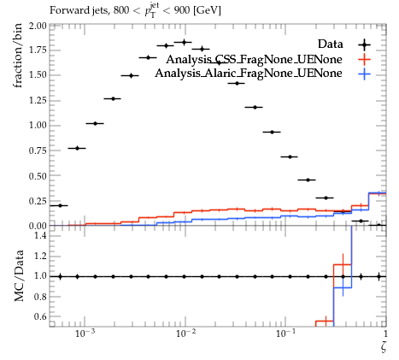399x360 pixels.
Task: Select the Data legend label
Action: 331,44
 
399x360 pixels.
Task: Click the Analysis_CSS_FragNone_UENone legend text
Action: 254,59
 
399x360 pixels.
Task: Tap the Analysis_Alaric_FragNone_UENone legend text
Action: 249,74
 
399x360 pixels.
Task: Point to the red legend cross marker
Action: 364,60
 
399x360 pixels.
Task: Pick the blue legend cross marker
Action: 364,74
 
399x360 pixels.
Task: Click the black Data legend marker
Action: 364,44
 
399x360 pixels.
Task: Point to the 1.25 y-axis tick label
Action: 38,100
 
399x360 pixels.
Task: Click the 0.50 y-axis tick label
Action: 38,176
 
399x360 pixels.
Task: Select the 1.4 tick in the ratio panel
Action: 40,235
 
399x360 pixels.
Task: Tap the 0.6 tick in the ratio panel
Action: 40,316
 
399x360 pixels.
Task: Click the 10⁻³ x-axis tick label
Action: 85,333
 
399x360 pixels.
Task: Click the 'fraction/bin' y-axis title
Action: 18,56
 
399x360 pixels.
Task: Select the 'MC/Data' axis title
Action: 19,275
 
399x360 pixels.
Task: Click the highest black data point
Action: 184,42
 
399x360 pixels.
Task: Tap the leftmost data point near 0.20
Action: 60,205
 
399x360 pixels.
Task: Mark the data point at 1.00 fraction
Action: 95,123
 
